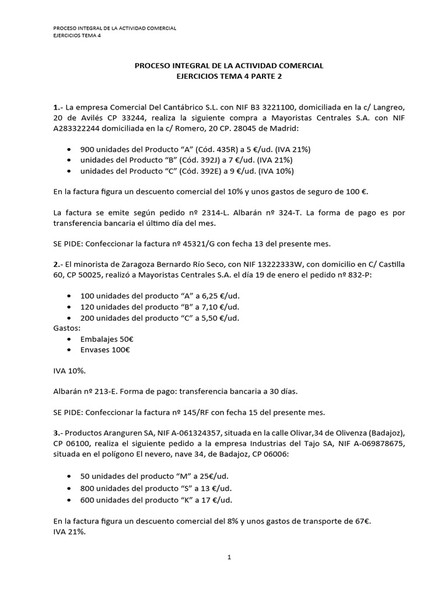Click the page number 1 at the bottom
(x=229, y=557)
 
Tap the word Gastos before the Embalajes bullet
(x=66, y=328)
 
